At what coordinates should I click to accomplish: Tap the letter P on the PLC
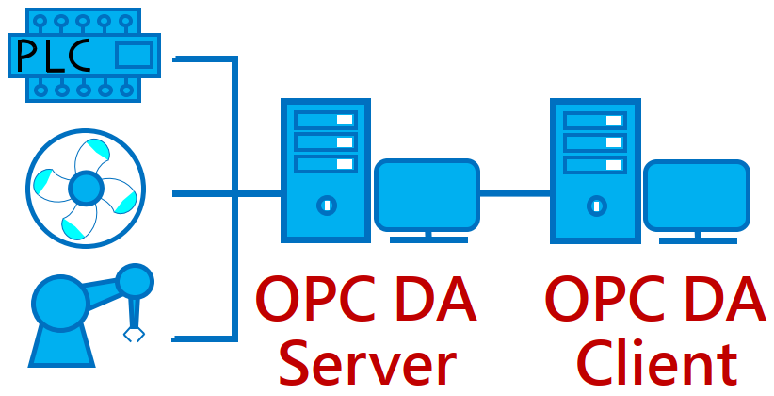click(x=30, y=56)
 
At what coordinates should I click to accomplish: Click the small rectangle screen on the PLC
click(x=132, y=56)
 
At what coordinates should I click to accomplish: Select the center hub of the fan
click(x=85, y=187)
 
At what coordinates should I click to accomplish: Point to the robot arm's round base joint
click(x=58, y=304)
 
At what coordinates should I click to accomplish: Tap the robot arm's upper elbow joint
click(x=135, y=279)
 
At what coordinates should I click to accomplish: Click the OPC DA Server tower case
click(x=325, y=170)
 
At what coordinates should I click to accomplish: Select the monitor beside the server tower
click(x=427, y=195)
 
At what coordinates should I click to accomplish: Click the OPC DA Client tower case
click(x=594, y=170)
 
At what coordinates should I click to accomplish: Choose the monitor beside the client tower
click(x=697, y=195)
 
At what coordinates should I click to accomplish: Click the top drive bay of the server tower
click(x=325, y=121)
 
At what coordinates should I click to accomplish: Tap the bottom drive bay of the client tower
click(x=594, y=163)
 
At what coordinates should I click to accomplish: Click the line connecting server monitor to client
click(x=515, y=193)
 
